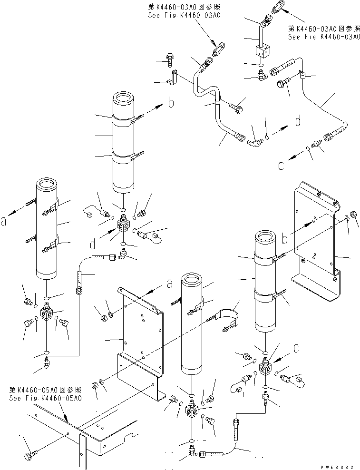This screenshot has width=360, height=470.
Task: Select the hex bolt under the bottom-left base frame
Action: (29, 456)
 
